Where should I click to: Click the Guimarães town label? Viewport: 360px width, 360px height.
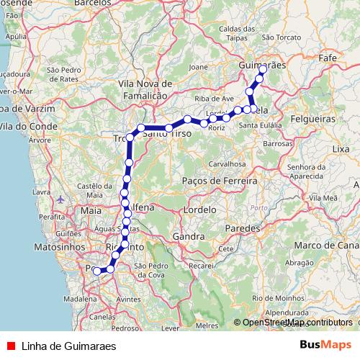[x=261, y=65]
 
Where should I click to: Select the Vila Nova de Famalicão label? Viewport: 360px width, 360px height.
[x=143, y=89]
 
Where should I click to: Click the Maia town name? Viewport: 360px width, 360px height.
[x=91, y=211]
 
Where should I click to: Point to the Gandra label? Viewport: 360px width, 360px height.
[x=189, y=236]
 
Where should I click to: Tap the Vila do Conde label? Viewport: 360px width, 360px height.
[x=22, y=127]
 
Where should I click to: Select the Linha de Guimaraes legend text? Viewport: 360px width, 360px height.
[x=68, y=345]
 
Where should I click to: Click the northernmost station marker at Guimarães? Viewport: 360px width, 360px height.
[x=263, y=69]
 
